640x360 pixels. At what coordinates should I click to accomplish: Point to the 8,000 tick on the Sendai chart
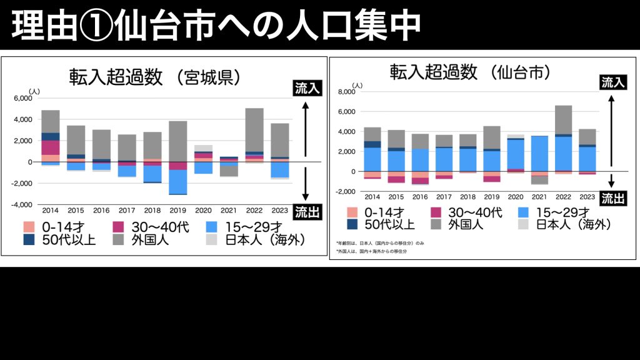(x=346, y=91)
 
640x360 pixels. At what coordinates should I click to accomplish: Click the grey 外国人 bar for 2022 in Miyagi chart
(x=254, y=129)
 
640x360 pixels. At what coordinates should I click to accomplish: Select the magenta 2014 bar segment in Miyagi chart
(x=51, y=147)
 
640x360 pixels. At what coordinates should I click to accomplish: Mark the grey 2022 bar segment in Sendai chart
(x=563, y=119)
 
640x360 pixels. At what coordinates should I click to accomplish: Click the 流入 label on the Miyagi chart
(x=307, y=89)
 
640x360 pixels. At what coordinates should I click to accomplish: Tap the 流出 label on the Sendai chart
(x=613, y=199)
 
